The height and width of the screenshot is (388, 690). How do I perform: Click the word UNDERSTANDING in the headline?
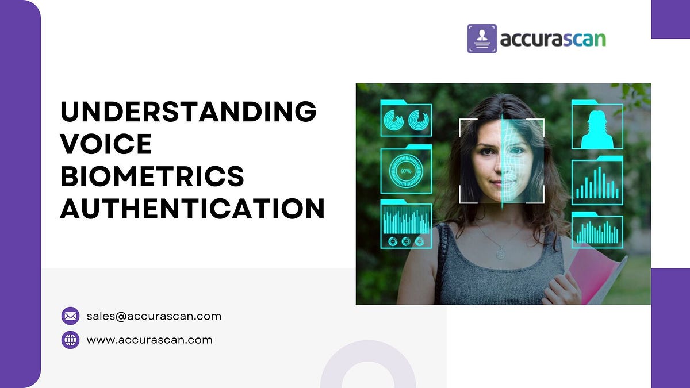pos(188,111)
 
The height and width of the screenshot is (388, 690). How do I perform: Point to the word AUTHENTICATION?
pos(193,208)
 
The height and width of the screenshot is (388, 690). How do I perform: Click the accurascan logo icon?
pos(482,39)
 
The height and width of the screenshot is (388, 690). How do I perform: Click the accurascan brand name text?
pos(553,39)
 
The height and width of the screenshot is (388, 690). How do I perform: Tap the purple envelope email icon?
pos(70,316)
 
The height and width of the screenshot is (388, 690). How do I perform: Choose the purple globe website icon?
pos(70,340)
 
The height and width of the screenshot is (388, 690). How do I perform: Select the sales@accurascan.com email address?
pos(154,316)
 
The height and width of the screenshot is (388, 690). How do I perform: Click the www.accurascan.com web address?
pos(149,340)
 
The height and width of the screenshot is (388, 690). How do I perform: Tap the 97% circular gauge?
pos(406,171)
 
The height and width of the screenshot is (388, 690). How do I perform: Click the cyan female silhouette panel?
pos(597,126)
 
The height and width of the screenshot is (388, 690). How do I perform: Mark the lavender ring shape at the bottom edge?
pos(368,368)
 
